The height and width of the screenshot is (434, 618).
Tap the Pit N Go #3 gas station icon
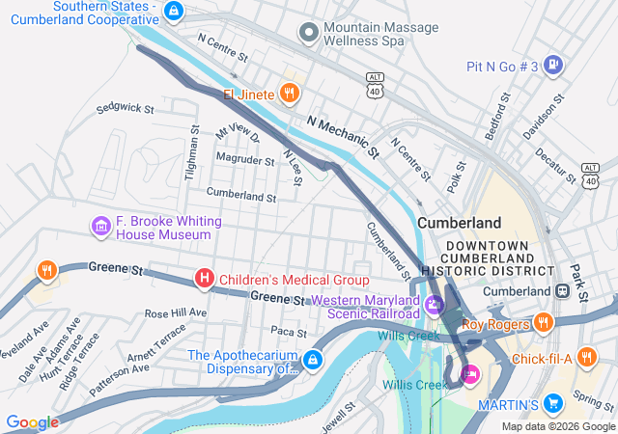pos(552,66)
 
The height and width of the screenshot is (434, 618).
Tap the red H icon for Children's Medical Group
pos(204,280)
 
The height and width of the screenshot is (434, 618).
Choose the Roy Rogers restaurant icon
pos(544,323)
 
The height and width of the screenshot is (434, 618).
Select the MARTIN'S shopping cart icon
pos(552,401)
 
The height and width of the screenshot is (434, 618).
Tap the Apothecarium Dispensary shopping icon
pos(312,361)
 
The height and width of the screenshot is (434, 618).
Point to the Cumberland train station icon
pos(562,291)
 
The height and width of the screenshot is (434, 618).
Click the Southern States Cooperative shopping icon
pos(173,12)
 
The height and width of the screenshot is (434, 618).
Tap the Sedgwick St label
pos(126,110)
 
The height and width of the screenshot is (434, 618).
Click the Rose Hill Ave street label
pos(175,313)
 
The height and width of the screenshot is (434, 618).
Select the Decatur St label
pos(559,159)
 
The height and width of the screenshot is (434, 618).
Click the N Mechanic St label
pos(343,135)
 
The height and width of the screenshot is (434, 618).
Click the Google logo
pos(32,422)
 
